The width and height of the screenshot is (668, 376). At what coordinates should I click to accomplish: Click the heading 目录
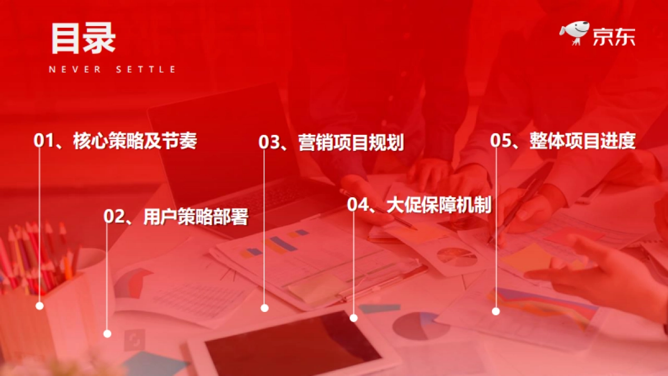tap(83, 38)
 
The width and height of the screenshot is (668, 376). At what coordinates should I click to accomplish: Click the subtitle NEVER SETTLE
tap(112, 70)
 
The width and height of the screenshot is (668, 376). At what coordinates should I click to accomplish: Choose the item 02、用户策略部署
tap(176, 217)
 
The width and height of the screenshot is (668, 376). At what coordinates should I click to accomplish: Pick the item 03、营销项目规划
tap(331, 143)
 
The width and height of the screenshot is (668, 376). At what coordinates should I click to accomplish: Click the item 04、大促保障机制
tap(419, 205)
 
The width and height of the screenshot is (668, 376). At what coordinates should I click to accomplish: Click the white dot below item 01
tap(40, 306)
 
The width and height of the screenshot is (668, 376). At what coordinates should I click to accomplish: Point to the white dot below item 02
tap(107, 334)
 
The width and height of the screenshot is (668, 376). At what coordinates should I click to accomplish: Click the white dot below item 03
tap(265, 308)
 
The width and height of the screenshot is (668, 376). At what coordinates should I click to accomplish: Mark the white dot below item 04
tap(353, 318)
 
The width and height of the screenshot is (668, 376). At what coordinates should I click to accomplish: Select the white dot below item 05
tap(496, 311)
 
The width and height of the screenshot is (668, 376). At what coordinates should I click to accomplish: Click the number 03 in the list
tap(269, 143)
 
